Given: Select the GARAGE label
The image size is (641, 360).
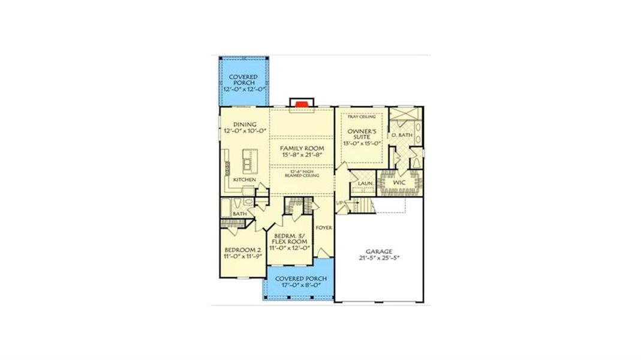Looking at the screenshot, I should click(x=379, y=252).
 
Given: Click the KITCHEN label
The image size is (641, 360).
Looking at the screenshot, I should click(x=245, y=179).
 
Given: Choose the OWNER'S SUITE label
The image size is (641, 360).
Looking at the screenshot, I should click(x=362, y=134).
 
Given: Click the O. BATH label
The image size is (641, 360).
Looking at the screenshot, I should click(x=401, y=136).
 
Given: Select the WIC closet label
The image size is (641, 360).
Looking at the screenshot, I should click(x=400, y=181).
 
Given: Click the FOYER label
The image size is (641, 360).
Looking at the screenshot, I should click(x=324, y=228).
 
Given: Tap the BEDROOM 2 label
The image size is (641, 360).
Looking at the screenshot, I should click(x=242, y=250).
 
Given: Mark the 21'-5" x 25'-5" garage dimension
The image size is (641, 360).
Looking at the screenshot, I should click(x=379, y=259).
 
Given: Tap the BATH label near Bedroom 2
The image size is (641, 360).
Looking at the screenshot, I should click(x=240, y=214).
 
